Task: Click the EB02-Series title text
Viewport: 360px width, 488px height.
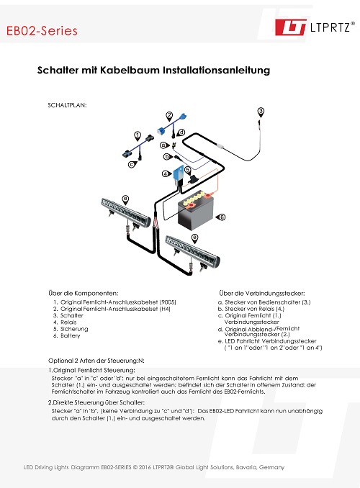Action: (41, 31)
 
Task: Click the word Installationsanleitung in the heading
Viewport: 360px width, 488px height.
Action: (214, 71)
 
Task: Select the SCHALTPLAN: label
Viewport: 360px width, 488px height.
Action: (66, 104)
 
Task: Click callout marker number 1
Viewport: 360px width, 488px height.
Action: (137, 135)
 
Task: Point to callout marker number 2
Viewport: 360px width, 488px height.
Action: (169, 115)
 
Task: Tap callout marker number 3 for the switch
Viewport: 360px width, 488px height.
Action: (261, 111)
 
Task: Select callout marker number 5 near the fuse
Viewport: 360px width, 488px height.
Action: (187, 170)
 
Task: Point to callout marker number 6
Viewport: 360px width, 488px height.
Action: (222, 217)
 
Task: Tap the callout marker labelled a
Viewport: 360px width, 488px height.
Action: (163, 145)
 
